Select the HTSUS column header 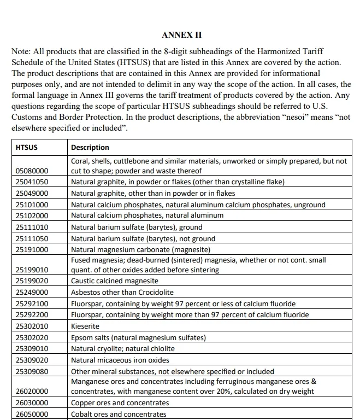[27, 147]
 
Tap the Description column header [90, 147]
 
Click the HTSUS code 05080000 [32, 171]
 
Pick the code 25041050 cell [32, 182]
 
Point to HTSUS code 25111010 [32, 227]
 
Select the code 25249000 [32, 292]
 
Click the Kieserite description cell [85, 326]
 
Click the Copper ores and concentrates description [120, 402]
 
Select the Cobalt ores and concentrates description [119, 414]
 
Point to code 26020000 [32, 392]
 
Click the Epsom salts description [138, 337]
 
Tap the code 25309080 [32, 371]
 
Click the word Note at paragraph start [21, 51]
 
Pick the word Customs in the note [27, 118]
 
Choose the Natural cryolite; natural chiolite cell [123, 348]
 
